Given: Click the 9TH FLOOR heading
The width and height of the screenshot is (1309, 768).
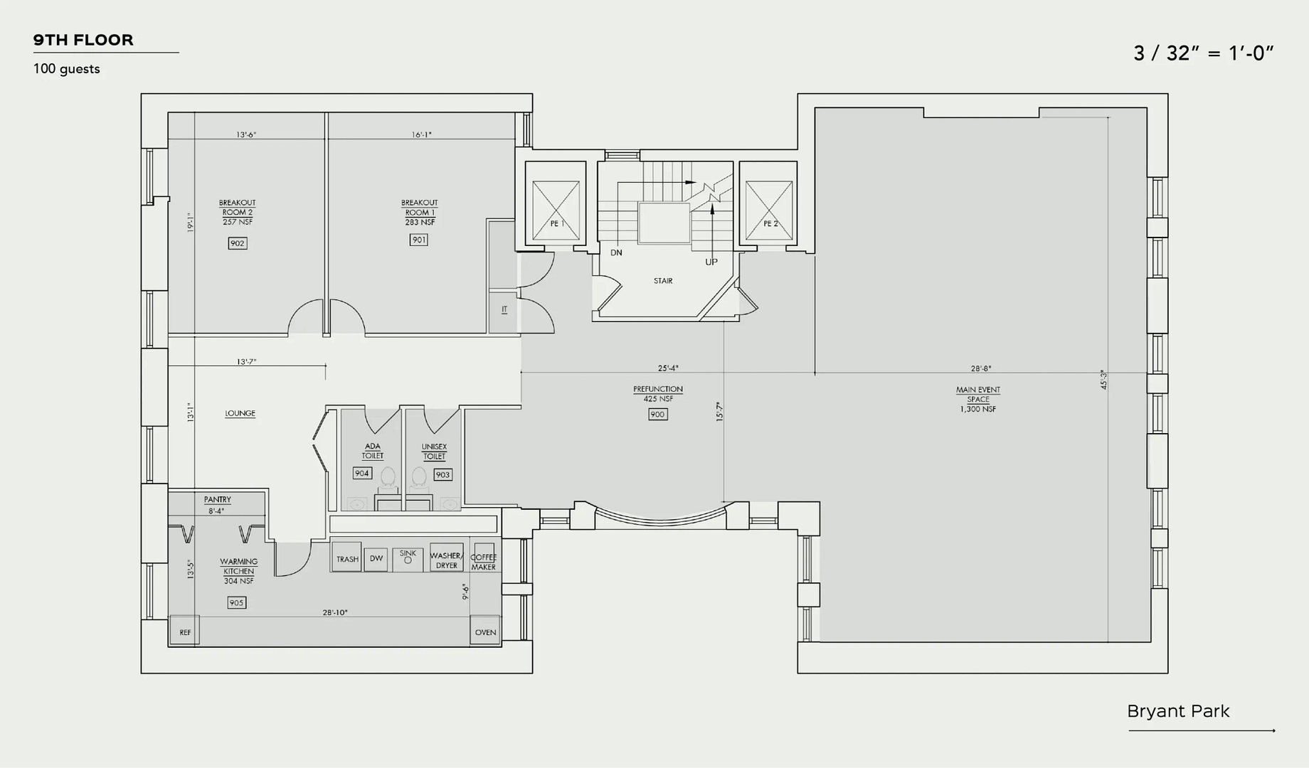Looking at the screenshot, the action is pos(83,40).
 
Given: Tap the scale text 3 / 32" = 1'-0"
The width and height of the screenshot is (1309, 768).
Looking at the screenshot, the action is pos(1203,53).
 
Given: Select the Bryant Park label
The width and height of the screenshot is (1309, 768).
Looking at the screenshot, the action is pos(1178,711).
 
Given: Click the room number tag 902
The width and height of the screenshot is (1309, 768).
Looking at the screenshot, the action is pos(238,243).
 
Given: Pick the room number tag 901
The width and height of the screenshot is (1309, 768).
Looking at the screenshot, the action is pos(419,240).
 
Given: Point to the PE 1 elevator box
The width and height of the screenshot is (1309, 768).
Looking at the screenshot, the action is pos(556,204).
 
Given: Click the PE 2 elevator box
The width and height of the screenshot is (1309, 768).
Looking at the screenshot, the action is pos(768,204).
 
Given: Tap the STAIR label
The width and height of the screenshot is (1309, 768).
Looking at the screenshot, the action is pos(663,281).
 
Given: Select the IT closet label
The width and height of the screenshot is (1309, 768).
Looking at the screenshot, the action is pos(504,309).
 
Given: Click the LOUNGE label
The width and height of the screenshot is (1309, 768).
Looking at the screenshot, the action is pos(240,413).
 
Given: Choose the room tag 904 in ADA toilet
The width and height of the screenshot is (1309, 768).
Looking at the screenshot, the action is pos(362,473).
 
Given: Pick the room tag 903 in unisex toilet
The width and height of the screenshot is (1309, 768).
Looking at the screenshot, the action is pos(443,474).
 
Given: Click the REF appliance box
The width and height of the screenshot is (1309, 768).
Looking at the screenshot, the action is pos(185,631).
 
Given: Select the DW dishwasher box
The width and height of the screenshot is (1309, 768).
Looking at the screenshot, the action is pos(376,559).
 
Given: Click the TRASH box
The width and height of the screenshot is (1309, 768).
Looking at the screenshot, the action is pos(347,559).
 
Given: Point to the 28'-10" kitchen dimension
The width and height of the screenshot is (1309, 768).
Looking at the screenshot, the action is pos(335,612).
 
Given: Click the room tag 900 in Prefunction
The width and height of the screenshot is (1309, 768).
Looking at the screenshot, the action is pos(658,414).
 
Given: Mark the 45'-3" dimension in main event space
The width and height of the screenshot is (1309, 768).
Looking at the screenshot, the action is pos(1103,379).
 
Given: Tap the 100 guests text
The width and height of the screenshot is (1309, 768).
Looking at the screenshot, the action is pos(67,69).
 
